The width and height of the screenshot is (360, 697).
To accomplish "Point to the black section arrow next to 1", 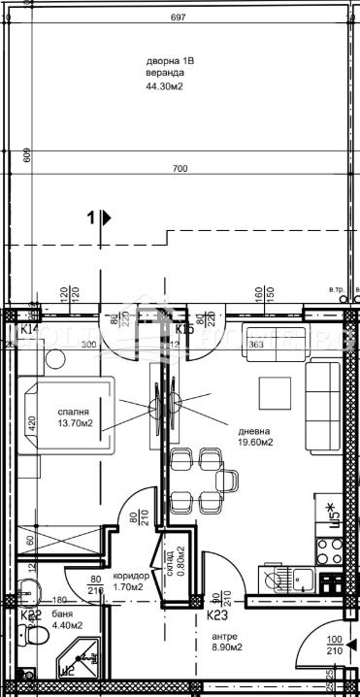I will [106, 218].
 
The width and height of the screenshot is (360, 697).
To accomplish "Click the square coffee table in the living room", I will [275, 393].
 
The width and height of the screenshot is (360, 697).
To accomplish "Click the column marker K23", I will [217, 614].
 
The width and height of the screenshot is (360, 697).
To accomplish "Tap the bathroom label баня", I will [62, 614].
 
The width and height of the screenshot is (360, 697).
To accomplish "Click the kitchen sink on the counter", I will [278, 580].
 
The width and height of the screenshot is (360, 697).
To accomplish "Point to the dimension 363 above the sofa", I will [255, 346].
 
